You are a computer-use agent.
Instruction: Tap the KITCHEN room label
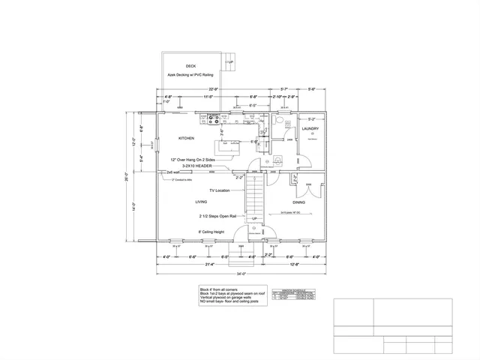186,139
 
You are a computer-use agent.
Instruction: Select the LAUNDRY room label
310,129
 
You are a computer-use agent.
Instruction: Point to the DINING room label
298,202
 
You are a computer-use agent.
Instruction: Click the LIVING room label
201,202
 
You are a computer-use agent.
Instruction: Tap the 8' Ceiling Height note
211,232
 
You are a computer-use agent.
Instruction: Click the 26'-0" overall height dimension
128,178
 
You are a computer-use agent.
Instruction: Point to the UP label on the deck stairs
231,62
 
